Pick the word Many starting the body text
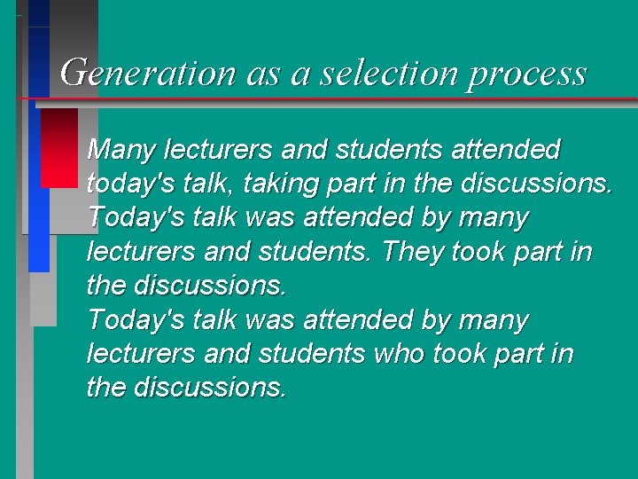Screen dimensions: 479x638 121,149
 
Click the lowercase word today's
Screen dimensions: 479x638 130,184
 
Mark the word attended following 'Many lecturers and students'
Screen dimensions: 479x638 506,149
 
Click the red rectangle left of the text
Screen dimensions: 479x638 59,147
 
